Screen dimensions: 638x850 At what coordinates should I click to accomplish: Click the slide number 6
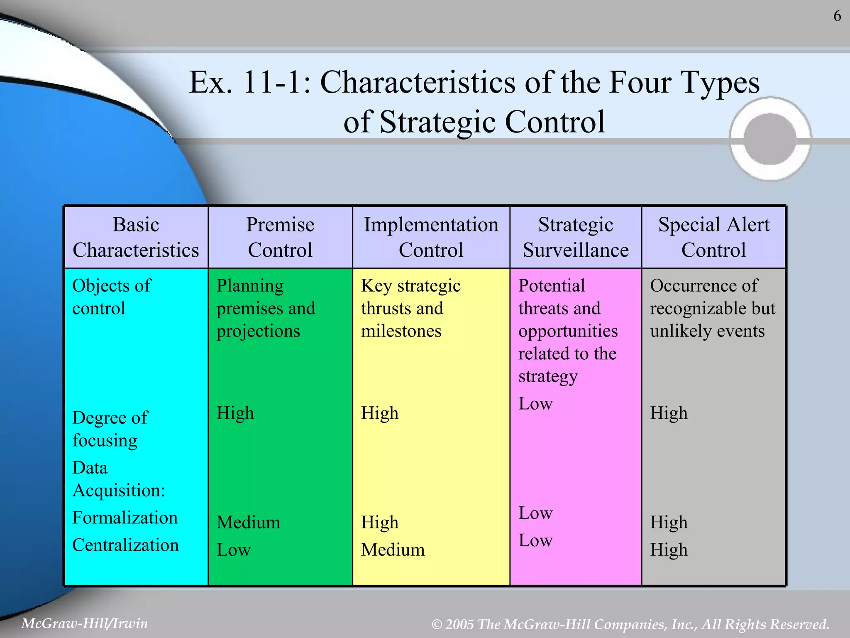[837, 16]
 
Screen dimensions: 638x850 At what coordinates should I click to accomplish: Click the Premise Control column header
[280, 237]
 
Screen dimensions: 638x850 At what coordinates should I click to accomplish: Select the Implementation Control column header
[431, 237]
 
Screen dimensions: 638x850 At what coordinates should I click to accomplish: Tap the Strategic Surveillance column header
[576, 237]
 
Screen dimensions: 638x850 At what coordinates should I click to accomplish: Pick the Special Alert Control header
[713, 237]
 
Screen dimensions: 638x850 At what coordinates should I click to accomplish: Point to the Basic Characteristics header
[136, 237]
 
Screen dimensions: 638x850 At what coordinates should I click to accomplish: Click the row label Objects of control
[111, 297]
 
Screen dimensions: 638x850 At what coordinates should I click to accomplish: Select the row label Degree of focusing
[110, 429]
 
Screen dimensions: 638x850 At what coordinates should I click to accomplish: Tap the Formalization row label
[125, 518]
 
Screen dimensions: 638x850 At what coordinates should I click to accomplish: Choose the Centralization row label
[125, 545]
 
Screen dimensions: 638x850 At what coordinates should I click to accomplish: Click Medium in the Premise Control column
[248, 522]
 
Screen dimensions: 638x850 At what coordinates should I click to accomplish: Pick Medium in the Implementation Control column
[393, 550]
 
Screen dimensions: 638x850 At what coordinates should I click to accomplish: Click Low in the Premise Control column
[234, 550]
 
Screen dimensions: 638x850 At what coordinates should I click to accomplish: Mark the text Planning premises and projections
[266, 308]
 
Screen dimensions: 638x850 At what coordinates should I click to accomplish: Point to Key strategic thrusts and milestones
[410, 308]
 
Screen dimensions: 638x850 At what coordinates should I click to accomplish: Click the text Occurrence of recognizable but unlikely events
[712, 308]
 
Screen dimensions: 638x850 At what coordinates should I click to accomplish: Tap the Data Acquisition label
[119, 479]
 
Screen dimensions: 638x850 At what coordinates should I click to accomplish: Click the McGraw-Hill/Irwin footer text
[85, 623]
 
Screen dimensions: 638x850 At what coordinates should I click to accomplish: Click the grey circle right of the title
[770, 139]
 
